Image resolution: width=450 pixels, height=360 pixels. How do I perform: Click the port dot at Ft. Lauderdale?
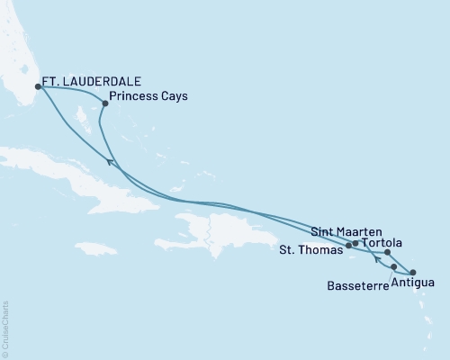coord(38,87)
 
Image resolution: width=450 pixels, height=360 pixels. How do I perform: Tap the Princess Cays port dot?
coord(105,103)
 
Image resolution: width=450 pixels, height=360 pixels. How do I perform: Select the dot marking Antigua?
coord(413,272)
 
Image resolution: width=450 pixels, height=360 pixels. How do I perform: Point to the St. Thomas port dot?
coord(348,245)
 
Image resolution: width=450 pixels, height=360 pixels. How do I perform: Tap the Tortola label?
coord(382,243)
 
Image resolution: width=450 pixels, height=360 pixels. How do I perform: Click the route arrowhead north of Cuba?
coord(111,161)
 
